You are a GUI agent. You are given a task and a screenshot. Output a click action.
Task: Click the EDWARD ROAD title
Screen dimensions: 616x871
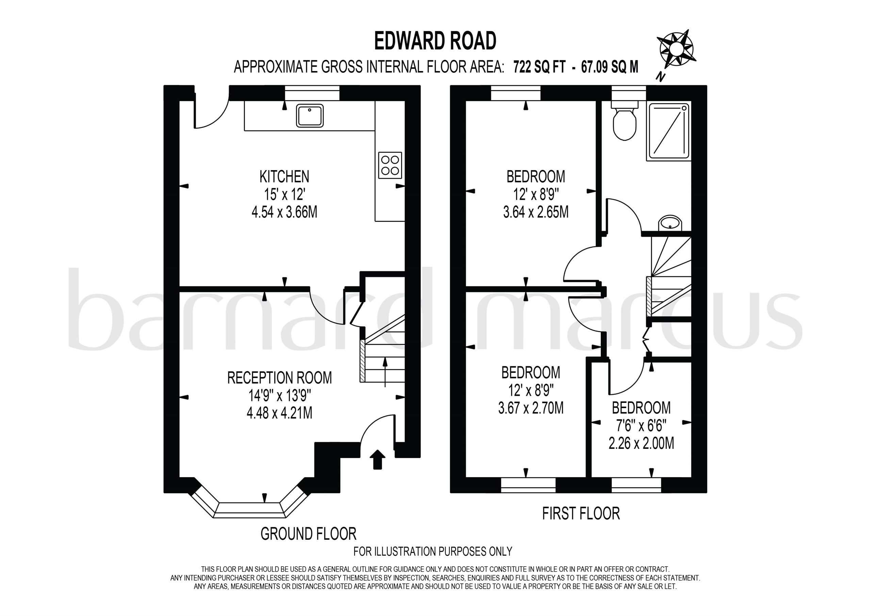(x=435, y=41)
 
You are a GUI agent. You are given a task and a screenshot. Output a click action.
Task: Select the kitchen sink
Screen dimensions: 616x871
(x=310, y=115)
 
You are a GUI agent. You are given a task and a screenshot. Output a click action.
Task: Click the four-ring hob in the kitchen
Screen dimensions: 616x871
(x=390, y=165)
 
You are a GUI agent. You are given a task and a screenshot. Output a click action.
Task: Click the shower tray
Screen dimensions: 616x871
(x=668, y=131)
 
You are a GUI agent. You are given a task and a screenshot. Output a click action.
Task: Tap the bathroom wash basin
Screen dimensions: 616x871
(x=671, y=223)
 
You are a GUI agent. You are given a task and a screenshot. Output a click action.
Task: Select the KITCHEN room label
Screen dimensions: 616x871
(x=284, y=177)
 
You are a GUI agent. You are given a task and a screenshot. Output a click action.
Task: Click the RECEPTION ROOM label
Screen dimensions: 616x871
(x=280, y=378)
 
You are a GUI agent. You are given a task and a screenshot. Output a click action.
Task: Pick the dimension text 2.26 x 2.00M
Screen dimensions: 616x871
(x=641, y=443)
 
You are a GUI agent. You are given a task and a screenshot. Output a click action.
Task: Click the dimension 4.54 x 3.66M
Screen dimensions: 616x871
(x=284, y=212)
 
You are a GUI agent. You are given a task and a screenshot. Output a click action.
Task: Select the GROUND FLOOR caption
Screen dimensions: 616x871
(x=308, y=534)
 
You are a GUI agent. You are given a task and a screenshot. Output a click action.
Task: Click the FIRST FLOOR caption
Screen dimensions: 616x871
(x=581, y=514)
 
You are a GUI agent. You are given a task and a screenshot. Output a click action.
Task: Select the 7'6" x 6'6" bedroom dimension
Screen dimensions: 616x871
(x=641, y=426)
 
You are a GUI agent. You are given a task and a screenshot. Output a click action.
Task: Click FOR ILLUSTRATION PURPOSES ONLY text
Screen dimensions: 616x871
(x=432, y=551)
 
